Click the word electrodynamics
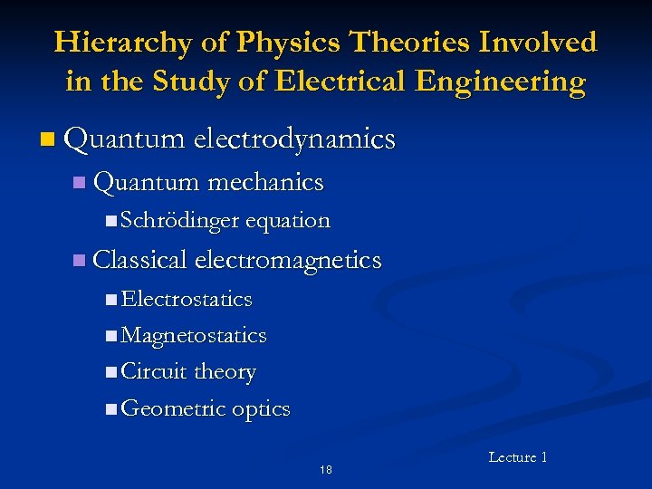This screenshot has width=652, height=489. (295, 139)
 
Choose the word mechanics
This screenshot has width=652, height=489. (265, 182)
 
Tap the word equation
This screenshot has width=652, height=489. (288, 220)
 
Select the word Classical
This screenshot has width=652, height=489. (140, 261)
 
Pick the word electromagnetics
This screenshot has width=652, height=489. (288, 261)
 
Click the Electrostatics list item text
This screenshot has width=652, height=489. (187, 299)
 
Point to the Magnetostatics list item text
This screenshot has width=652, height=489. (194, 336)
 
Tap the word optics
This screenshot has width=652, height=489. (261, 409)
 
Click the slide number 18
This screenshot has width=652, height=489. (326, 469)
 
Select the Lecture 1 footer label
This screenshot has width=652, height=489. (518, 457)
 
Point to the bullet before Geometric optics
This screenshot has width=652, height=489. (110, 410)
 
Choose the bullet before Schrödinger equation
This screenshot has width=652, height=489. (110, 221)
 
